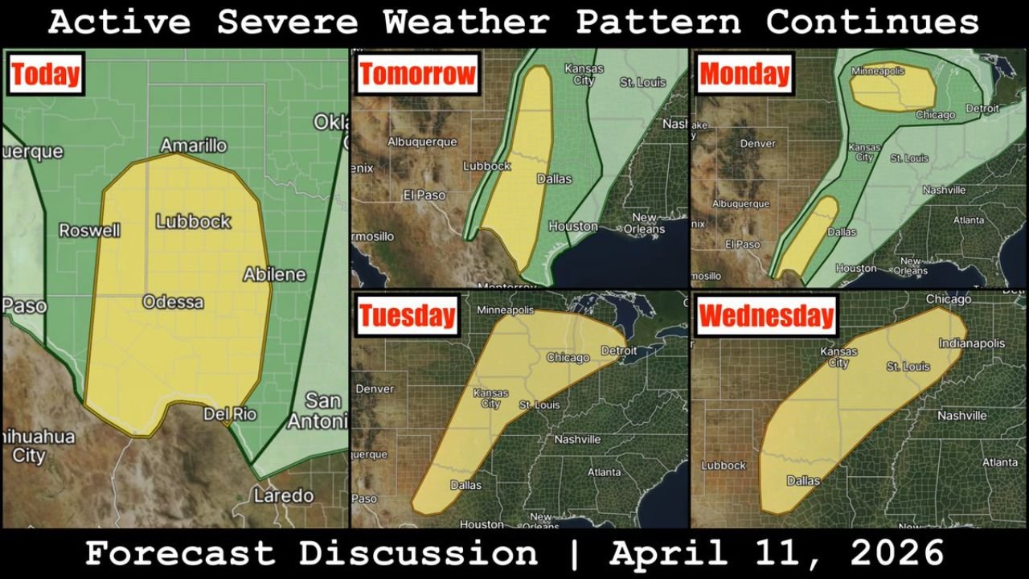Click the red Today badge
click(x=46, y=75)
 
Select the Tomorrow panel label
click(x=417, y=75)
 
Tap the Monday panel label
click(x=744, y=74)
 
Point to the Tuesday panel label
click(x=407, y=315)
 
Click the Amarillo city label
click(x=193, y=146)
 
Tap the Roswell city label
click(x=89, y=231)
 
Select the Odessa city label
click(x=173, y=302)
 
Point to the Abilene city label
click(x=274, y=274)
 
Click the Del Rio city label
click(x=229, y=414)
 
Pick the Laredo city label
click(x=284, y=495)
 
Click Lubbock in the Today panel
click(x=194, y=221)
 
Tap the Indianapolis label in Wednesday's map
click(x=971, y=343)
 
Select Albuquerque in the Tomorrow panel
click(x=422, y=142)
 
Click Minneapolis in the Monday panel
click(x=888, y=70)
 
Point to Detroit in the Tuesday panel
click(x=619, y=351)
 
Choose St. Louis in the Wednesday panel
click(x=908, y=367)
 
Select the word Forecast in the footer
click(x=178, y=554)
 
